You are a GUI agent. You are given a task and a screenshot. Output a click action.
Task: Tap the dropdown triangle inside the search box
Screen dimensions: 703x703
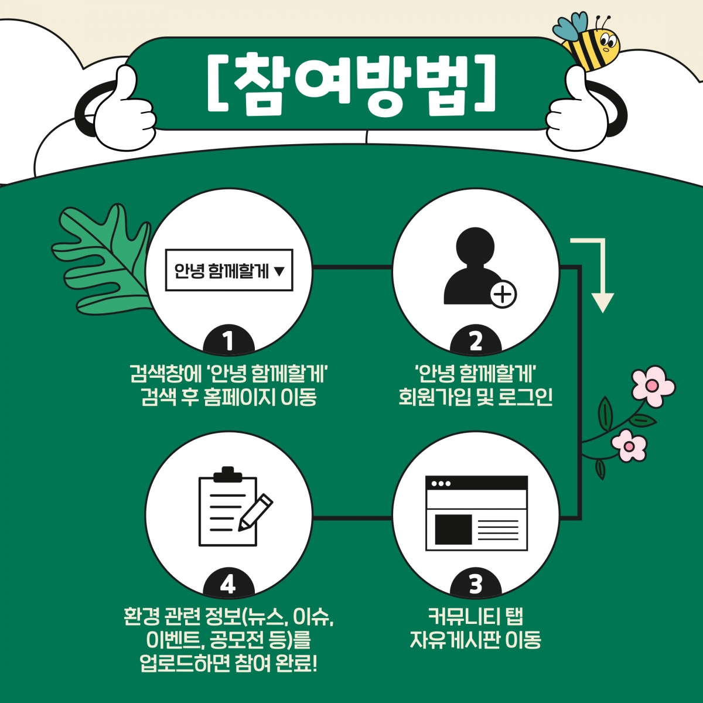coord(279,271)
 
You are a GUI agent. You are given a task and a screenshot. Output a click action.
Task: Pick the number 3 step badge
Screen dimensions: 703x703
coord(475,584)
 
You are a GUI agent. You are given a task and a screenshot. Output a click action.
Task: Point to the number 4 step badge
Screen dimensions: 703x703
coord(228,584)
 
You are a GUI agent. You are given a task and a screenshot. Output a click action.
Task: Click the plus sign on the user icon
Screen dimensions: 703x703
coord(503,294)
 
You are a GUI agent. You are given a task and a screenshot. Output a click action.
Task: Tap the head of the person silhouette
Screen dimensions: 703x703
coord(475,246)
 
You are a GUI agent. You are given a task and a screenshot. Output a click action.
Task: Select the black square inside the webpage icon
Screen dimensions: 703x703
coord(453,529)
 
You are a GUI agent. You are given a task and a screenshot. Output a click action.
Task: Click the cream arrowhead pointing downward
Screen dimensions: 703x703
coord(602,302)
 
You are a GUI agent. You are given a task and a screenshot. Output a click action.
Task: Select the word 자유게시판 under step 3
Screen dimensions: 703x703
coord(455,640)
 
